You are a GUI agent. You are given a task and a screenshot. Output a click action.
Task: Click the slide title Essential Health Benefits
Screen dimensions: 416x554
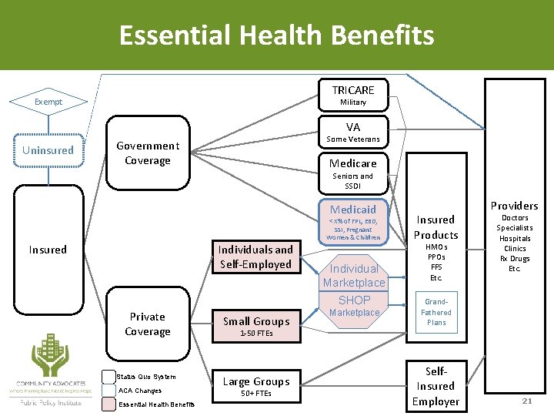(276, 35)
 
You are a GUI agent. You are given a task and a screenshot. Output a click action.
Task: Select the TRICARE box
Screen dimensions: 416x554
(353, 95)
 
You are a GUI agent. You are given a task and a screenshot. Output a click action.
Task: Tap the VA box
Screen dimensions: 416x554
(353, 132)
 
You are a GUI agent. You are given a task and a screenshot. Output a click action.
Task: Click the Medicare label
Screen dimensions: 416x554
(353, 163)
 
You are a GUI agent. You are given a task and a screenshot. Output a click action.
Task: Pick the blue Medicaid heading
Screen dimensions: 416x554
(353, 210)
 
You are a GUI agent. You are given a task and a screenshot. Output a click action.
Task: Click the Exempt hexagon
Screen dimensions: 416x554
(48, 102)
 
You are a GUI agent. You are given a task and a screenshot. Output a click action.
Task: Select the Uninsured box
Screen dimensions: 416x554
(48, 150)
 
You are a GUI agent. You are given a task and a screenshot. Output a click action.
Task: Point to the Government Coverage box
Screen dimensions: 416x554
(147, 153)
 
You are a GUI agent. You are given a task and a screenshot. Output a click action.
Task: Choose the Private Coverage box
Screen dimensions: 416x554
(147, 324)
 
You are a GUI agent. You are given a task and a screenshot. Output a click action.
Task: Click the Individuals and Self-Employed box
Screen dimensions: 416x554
(255, 257)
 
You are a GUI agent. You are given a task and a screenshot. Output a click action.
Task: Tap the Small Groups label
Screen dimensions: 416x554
(256, 321)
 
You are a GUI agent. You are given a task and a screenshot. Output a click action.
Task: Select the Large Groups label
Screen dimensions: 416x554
(256, 381)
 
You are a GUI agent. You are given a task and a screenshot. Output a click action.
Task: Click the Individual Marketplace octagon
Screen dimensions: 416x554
(354, 275)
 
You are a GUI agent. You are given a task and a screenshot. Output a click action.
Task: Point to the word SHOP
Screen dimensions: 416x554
(355, 300)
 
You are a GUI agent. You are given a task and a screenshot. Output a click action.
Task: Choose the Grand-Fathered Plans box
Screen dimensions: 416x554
(436, 312)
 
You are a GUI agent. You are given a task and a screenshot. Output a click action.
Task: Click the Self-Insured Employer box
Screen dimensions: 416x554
(436, 385)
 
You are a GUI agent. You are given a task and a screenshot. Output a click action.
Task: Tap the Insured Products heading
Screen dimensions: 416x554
(436, 227)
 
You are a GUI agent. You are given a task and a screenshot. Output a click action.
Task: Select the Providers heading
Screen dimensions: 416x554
(514, 206)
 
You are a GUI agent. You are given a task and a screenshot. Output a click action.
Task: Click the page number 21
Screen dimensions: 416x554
(526, 401)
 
